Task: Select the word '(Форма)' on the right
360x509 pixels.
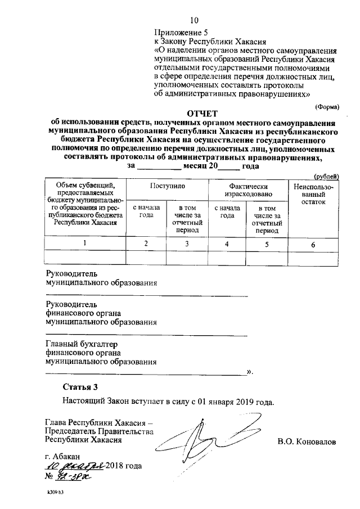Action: tap(326, 105)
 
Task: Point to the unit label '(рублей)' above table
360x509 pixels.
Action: tap(326, 176)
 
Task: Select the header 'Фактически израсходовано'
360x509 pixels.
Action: tap(247, 190)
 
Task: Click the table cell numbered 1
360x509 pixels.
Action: tap(85, 244)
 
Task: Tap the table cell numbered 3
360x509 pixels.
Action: tap(187, 244)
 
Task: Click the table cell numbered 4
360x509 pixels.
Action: tap(227, 244)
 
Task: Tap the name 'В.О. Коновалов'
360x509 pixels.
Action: tap(306, 442)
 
